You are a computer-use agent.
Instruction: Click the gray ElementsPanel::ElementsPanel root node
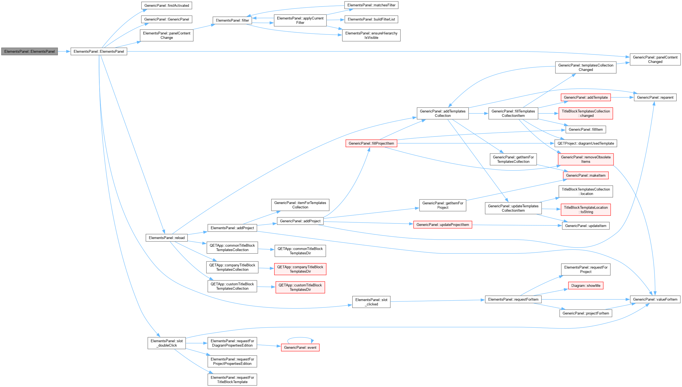click(30, 51)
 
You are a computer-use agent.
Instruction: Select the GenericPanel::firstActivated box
click(167, 5)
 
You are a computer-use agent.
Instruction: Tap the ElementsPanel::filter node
click(232, 20)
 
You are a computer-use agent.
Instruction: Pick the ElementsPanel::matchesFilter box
click(371, 5)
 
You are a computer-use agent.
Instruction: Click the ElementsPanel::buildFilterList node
click(371, 19)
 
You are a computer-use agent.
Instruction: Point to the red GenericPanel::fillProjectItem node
click(371, 143)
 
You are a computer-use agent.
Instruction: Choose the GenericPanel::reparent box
click(655, 97)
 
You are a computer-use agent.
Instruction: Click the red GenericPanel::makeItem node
click(586, 176)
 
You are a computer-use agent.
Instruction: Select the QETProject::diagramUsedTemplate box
click(586, 143)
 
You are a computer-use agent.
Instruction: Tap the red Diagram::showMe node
click(586, 286)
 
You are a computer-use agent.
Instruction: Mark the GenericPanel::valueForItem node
click(655, 299)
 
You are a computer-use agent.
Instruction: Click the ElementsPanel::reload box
click(167, 238)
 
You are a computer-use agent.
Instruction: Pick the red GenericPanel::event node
click(300, 348)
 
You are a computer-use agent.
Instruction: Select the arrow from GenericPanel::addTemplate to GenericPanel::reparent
click(622, 97)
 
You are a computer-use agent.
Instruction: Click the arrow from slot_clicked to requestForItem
click(438, 301)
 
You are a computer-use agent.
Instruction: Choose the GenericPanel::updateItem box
click(586, 226)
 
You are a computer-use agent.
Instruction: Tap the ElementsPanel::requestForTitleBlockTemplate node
click(232, 380)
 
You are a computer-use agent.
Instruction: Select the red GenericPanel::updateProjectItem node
click(443, 225)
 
